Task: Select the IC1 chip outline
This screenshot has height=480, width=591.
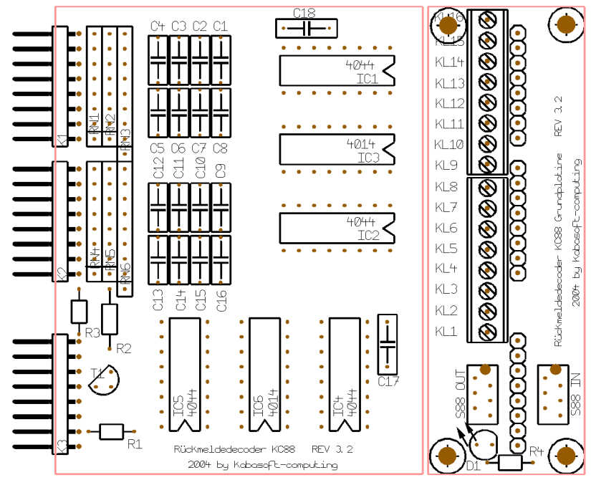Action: (x=337, y=70)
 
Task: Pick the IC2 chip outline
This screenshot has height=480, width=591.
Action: (x=337, y=228)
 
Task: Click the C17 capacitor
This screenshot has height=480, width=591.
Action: (x=387, y=344)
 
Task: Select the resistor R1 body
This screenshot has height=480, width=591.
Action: (x=111, y=431)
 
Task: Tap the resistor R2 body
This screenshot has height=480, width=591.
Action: (x=109, y=319)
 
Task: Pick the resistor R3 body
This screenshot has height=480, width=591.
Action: (x=79, y=312)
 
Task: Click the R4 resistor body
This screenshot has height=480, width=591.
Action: (x=510, y=463)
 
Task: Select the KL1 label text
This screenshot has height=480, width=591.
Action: (x=446, y=332)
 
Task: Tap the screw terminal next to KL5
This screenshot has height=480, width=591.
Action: (x=488, y=249)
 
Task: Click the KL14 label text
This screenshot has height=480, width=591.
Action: (x=449, y=62)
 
